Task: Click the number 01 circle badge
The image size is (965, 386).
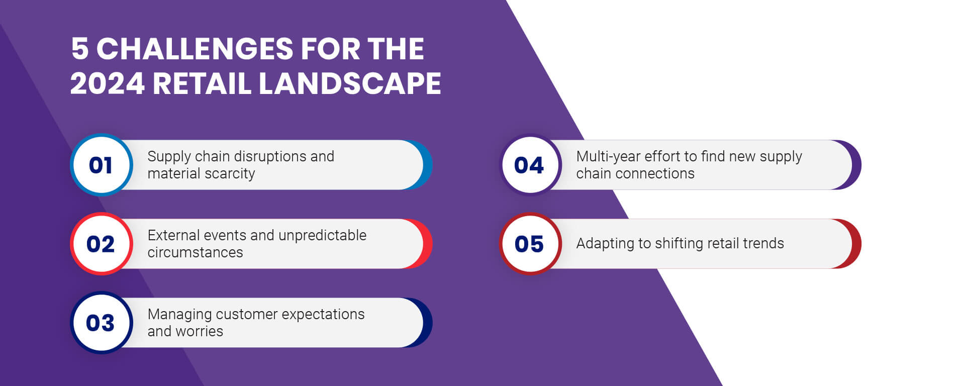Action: click(x=101, y=165)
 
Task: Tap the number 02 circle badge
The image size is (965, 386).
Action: click(x=101, y=244)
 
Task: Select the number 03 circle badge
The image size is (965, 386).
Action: click(x=101, y=323)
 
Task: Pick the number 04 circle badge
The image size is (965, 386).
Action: click(x=530, y=165)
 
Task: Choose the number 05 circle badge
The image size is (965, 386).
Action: click(x=530, y=244)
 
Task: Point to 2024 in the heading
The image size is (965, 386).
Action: click(x=107, y=83)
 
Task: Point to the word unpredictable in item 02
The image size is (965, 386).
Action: click(x=322, y=235)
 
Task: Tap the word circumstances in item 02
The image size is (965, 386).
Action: click(x=195, y=252)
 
